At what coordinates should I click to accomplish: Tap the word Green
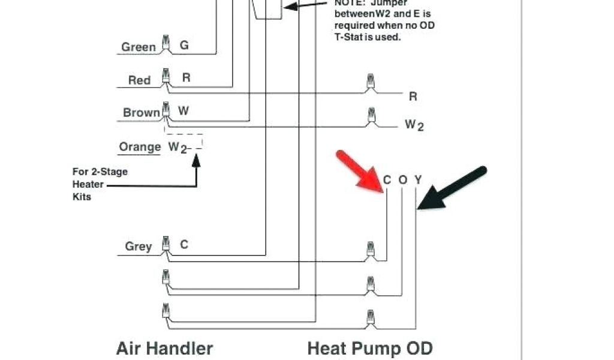pyautogui.click(x=139, y=47)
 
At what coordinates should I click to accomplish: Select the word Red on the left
pyautogui.click(x=139, y=80)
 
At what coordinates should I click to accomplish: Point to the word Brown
pyautogui.click(x=142, y=112)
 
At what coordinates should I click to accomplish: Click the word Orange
pyautogui.click(x=140, y=147)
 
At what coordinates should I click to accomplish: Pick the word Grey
pyautogui.click(x=139, y=246)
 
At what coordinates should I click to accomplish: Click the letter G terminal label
pyautogui.click(x=184, y=46)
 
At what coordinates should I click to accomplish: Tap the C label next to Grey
pyautogui.click(x=184, y=244)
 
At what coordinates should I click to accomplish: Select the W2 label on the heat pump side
pyautogui.click(x=414, y=125)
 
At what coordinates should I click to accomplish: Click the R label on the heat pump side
pyautogui.click(x=413, y=96)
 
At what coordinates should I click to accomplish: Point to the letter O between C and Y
pyautogui.click(x=402, y=179)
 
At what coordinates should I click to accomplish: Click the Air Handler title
pyautogui.click(x=164, y=348)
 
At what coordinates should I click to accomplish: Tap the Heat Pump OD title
pyautogui.click(x=370, y=348)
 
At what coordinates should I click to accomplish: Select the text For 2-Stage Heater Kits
pyautogui.click(x=100, y=184)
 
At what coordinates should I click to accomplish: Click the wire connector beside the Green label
pyautogui.click(x=166, y=43)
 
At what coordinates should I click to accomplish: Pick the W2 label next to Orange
pyautogui.click(x=178, y=147)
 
